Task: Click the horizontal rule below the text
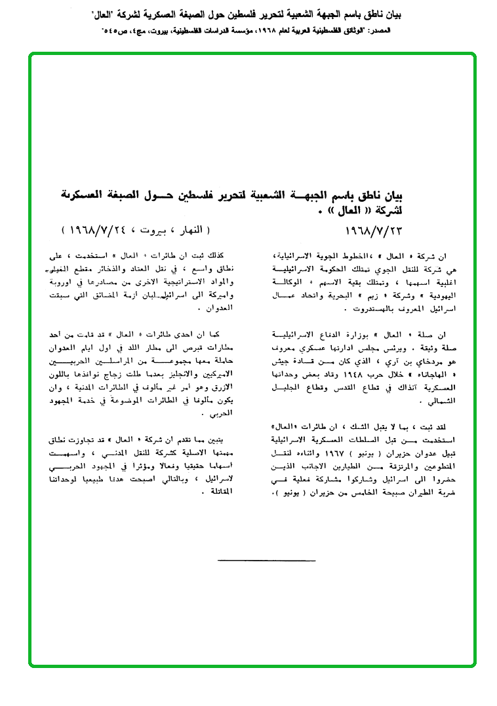266,561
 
